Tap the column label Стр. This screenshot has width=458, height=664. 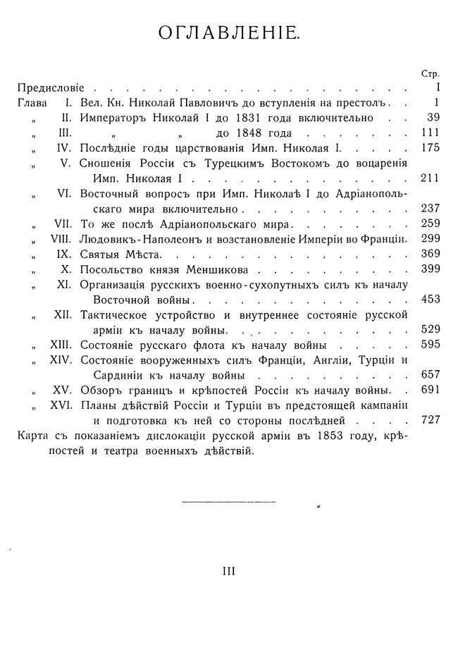pyautogui.click(x=430, y=73)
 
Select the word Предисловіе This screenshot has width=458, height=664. pyautogui.click(x=51, y=88)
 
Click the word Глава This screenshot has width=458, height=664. pyautogui.click(x=32, y=103)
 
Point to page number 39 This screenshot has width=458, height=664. pyautogui.click(x=433, y=118)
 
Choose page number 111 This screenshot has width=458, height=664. pyautogui.click(x=429, y=133)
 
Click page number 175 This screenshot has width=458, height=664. pyautogui.click(x=429, y=148)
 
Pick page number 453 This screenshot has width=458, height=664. pyautogui.click(x=429, y=299)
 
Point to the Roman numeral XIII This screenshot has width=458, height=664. pyautogui.click(x=61, y=344)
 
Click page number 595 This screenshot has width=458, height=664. pyautogui.click(x=429, y=344)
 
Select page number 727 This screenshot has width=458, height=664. pyautogui.click(x=429, y=419)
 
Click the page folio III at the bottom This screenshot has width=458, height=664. pyautogui.click(x=228, y=572)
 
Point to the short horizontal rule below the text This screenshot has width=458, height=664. pyautogui.click(x=228, y=501)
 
